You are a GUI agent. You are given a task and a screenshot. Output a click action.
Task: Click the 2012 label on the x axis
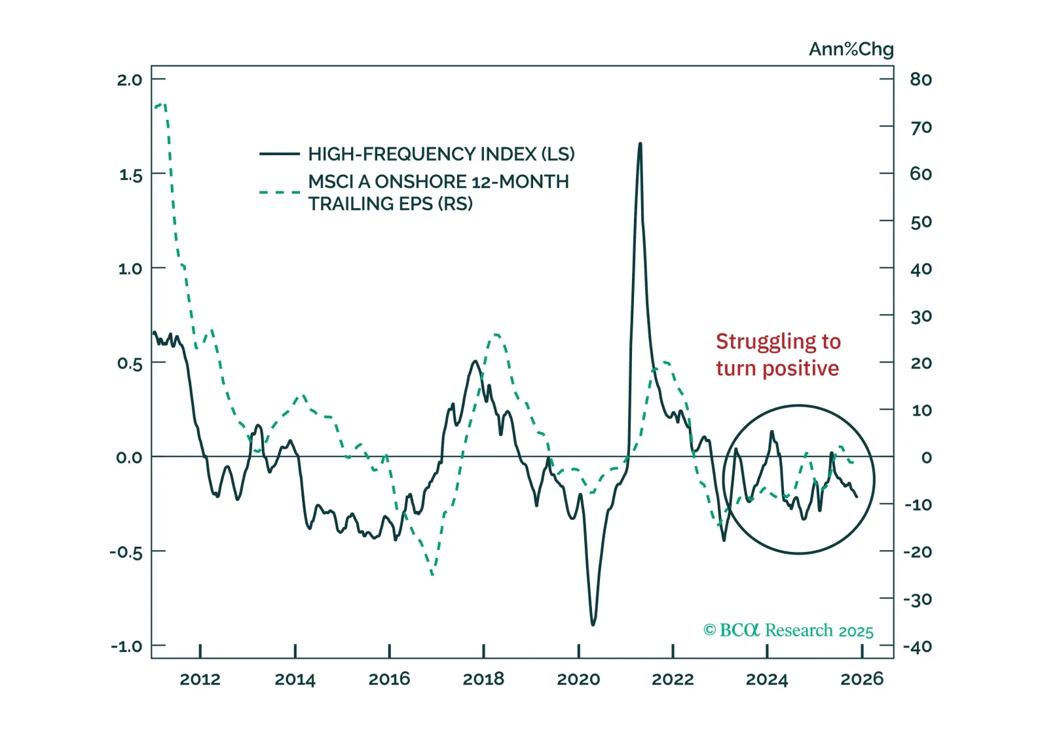pyautogui.click(x=200, y=679)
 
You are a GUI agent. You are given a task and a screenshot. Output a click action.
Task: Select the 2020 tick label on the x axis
pyautogui.click(x=578, y=679)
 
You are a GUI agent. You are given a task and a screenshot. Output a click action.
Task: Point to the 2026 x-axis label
pyautogui.click(x=862, y=679)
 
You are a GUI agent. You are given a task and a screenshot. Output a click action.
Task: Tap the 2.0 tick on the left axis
pyautogui.click(x=129, y=80)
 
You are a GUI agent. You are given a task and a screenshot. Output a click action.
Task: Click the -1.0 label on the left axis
pyautogui.click(x=126, y=646)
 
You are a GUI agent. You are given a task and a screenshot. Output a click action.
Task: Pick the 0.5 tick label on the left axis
pyautogui.click(x=130, y=363)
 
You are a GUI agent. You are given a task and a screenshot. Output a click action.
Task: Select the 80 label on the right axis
pyautogui.click(x=921, y=80)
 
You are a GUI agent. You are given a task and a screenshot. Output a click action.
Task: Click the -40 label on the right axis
pyautogui.click(x=918, y=646)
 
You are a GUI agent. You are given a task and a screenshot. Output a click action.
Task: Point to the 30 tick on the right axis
pyautogui.click(x=921, y=316)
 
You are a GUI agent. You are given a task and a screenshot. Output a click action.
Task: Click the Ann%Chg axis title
pyautogui.click(x=851, y=49)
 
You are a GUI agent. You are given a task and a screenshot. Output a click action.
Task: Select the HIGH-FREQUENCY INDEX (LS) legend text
pyautogui.click(x=441, y=154)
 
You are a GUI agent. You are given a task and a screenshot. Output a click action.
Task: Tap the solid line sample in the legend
pyautogui.click(x=280, y=155)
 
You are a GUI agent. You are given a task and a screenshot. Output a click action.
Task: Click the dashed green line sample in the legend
pyautogui.click(x=280, y=192)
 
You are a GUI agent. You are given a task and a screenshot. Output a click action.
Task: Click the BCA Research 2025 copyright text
pyautogui.click(x=789, y=630)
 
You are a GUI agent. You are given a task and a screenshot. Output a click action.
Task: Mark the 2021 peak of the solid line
pyautogui.click(x=640, y=143)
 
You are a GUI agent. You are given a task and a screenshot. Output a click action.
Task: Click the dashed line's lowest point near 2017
pyautogui.click(x=433, y=575)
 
